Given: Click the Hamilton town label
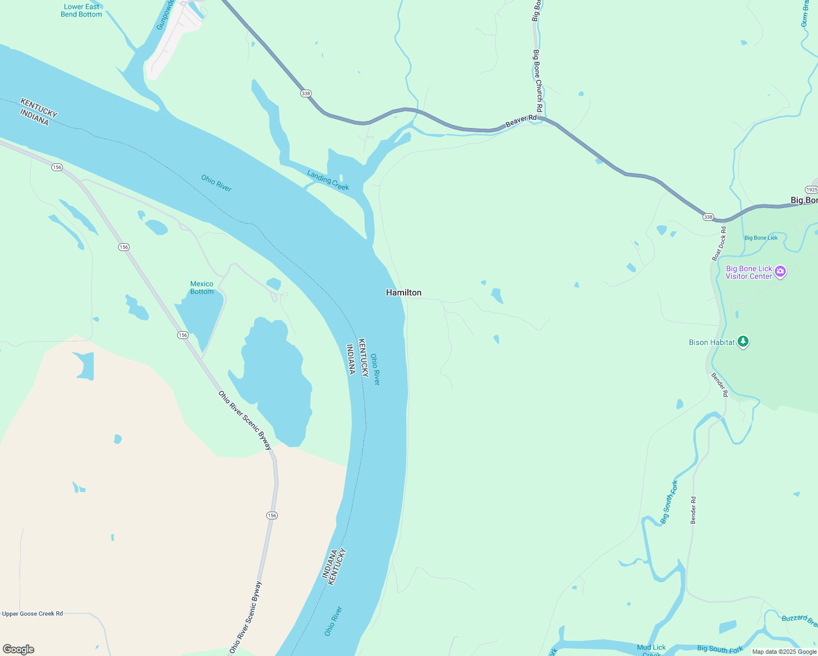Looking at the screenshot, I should [404, 292].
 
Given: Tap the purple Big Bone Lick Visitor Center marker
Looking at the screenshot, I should [780, 271].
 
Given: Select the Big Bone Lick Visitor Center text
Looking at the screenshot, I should [749, 272].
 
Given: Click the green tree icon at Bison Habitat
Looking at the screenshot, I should [743, 342].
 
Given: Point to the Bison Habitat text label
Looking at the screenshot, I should [711, 342].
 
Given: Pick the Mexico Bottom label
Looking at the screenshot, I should [202, 288].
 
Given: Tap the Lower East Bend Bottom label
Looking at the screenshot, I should [81, 10].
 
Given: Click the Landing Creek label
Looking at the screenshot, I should [328, 180].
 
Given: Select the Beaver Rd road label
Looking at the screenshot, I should [521, 121].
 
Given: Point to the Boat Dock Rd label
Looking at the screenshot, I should [719, 244].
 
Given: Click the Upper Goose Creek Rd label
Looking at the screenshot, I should [33, 613].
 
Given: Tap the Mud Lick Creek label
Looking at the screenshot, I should [651, 650].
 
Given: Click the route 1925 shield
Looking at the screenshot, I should [811, 190].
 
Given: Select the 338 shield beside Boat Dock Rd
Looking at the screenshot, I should [708, 217].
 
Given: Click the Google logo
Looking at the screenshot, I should [19, 649].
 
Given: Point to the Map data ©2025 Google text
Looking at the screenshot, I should [784, 652].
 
